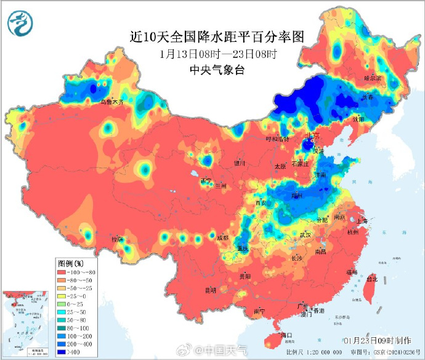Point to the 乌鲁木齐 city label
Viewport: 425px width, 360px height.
coord(112,102)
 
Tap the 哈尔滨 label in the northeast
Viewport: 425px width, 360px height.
coord(373,78)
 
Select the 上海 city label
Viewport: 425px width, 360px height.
coord(362,221)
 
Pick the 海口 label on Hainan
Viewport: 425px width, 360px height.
coord(285,335)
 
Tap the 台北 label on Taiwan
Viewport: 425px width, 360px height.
coord(371,279)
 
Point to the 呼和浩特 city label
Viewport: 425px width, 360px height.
coord(277,139)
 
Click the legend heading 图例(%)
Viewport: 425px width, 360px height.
coord(70,263)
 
